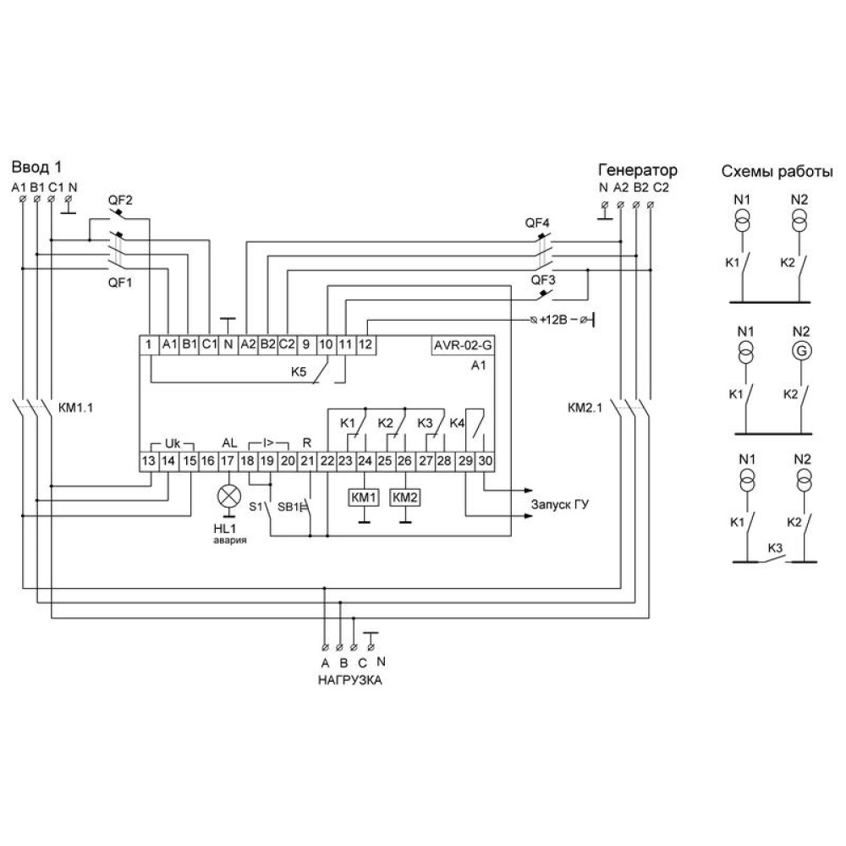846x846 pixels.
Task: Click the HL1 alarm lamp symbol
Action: point(229,495)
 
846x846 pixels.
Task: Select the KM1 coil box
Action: point(364,497)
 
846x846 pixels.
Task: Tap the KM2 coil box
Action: point(404,497)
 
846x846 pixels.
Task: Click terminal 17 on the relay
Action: point(228,461)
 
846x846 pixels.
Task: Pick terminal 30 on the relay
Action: point(485,461)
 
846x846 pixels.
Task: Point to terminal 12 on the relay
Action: point(365,345)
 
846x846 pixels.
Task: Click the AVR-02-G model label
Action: point(463,345)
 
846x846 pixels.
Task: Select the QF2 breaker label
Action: point(120,201)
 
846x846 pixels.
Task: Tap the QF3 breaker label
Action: point(543,280)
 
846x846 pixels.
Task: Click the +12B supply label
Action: point(553,320)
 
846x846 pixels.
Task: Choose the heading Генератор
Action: point(638,170)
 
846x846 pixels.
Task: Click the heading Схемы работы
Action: point(777,172)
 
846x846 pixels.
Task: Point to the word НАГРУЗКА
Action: point(349,680)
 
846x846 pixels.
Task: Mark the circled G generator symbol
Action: point(802,351)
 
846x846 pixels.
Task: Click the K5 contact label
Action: point(299,371)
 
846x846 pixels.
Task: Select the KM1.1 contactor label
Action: point(75,408)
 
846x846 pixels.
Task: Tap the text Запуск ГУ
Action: point(560,504)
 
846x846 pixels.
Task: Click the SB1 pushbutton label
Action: point(288,507)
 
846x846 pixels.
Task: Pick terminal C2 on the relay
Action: point(287,345)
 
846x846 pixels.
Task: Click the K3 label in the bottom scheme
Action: point(775,548)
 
